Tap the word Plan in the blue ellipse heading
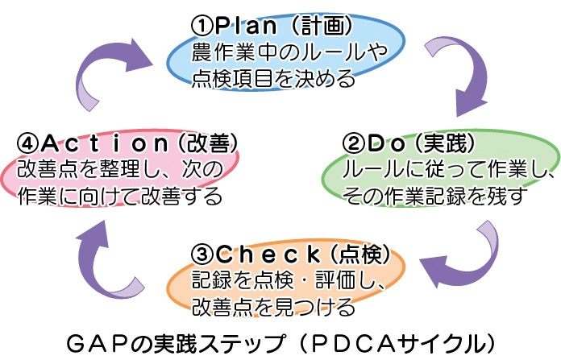pos(245,26)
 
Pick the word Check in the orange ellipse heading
pos(268,254)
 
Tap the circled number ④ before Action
pos(28,143)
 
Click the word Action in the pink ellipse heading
pos(104,143)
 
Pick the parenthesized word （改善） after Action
pos(208,143)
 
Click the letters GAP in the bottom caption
pos(96,344)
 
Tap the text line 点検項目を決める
pos(273,79)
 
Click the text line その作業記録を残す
pos(434,197)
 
